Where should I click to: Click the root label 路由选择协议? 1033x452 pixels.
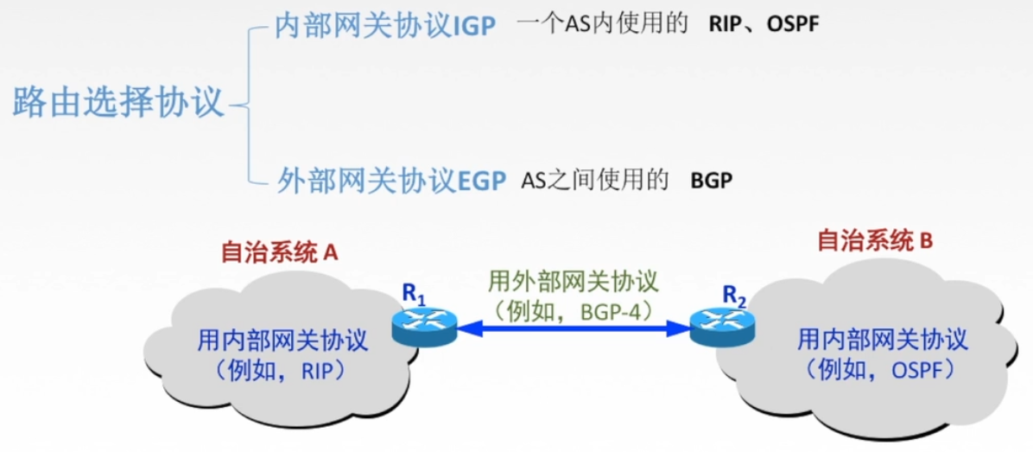pyautogui.click(x=118, y=105)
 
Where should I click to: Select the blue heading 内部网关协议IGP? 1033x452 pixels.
pyautogui.click(x=385, y=27)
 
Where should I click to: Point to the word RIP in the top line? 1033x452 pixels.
pyautogui.click(x=726, y=25)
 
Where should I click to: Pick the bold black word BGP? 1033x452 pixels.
pyautogui.click(x=711, y=181)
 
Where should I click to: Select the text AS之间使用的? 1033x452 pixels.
pyautogui.click(x=596, y=181)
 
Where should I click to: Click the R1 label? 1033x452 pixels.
pyautogui.click(x=414, y=295)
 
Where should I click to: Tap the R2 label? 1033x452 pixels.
pyautogui.click(x=734, y=296)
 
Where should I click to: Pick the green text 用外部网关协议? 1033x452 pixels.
pyautogui.click(x=574, y=282)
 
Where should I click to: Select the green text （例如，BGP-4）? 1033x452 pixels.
pyautogui.click(x=574, y=308)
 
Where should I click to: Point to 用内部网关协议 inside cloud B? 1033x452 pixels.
pyautogui.click(x=882, y=339)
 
